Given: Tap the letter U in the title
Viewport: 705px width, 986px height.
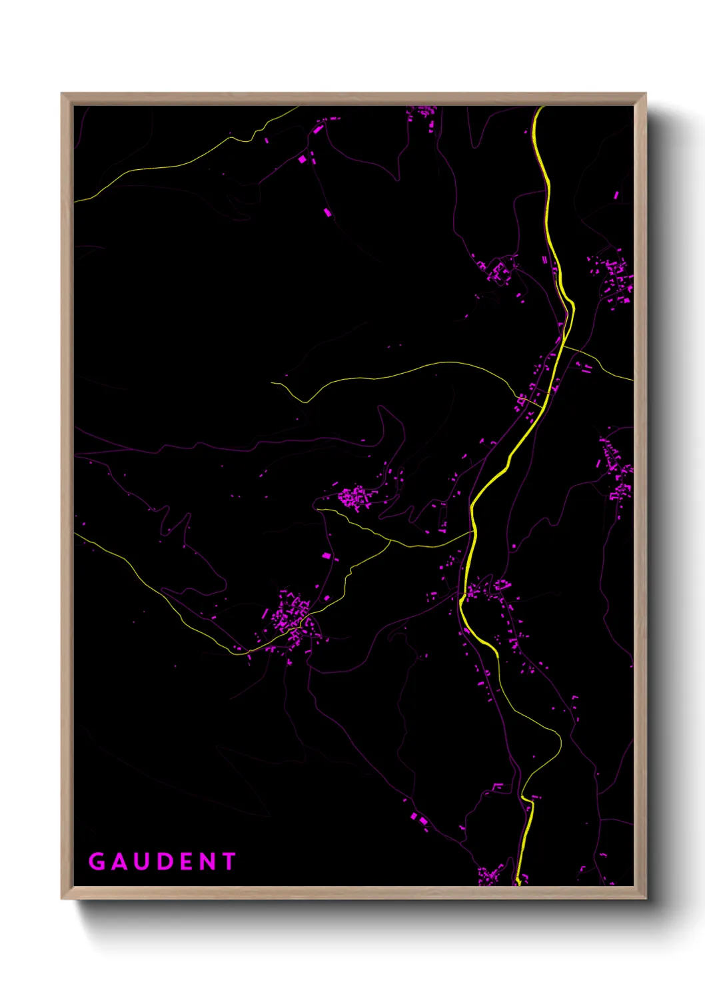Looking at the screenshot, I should pos(141,861).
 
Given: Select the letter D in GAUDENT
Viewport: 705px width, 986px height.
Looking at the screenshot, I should pos(163,861).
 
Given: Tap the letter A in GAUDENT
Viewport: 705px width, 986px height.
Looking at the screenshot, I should pos(119,861).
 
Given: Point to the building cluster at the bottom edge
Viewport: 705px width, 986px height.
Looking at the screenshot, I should pos(490,875).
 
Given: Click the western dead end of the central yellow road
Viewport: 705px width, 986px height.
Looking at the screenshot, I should pos(272,383).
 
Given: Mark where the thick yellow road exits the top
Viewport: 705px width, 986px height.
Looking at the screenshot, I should pos(540,107).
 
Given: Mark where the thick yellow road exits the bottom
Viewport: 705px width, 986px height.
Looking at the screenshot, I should pos(517,883).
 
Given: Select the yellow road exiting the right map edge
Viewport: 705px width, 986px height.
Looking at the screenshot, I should pos(630,380).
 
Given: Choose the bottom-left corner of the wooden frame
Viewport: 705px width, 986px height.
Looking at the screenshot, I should pos(63,898).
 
